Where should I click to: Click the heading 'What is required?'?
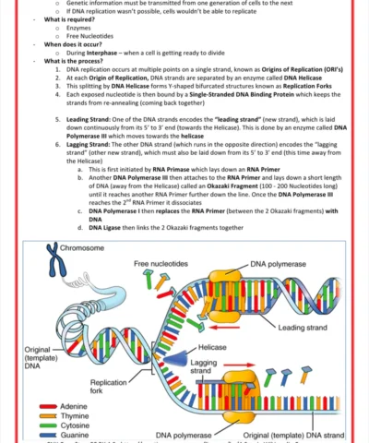77,19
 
